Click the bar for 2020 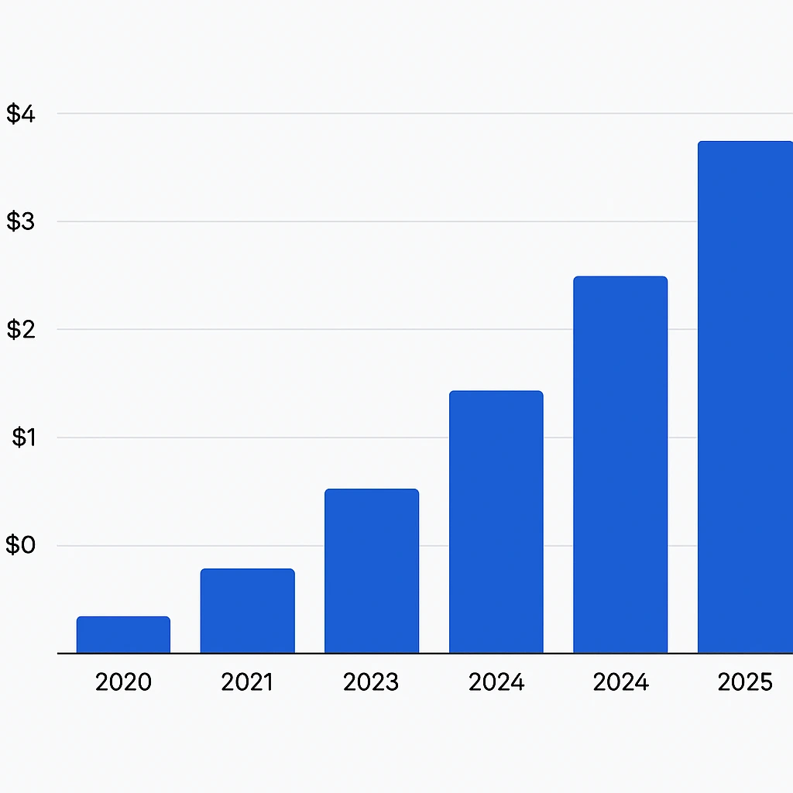tap(123, 635)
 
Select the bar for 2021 tap(247, 611)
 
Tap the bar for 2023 tap(372, 571)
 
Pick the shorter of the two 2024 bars tap(496, 522)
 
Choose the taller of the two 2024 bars tap(620, 465)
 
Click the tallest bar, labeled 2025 tap(745, 397)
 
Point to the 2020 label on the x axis tap(123, 682)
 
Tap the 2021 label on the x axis tap(247, 682)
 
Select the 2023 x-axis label tap(371, 682)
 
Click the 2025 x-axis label tap(745, 682)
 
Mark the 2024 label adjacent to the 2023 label tap(496, 682)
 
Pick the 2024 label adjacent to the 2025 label tap(620, 682)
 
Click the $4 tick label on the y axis tap(21, 114)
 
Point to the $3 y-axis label tap(21, 221)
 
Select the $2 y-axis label tap(21, 330)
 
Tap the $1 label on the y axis tap(24, 438)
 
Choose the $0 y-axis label tap(21, 545)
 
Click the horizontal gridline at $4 tap(387, 114)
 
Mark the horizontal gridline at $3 tap(387, 221)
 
